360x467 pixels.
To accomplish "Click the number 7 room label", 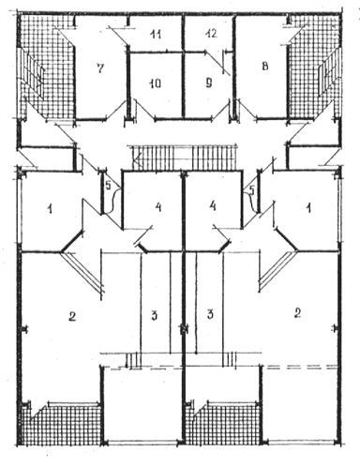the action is [99, 68].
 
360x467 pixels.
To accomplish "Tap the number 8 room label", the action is [265, 67].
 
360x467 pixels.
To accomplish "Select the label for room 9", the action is [209, 83].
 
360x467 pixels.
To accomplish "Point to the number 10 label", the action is [156, 83].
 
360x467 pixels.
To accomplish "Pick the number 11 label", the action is [156, 34].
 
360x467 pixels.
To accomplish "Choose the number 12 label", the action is [211, 33].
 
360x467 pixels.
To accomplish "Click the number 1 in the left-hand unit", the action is [50, 209].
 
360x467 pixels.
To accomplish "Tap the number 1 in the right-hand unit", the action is [308, 208].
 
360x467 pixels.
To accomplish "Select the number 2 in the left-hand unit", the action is [72, 317].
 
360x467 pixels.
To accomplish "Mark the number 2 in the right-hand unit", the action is [297, 313].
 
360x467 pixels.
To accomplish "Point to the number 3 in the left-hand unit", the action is [154, 316].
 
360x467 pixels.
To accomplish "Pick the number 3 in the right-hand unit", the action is [210, 314].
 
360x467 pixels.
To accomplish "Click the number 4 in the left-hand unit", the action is [158, 207].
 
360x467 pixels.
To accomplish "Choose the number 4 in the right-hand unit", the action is [213, 206].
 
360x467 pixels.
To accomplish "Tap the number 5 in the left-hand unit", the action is [108, 186].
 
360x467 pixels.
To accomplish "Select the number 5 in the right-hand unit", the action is [252, 189].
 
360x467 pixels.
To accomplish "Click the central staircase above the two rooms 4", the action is [184, 158].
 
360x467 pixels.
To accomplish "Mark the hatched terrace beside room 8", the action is [313, 68].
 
